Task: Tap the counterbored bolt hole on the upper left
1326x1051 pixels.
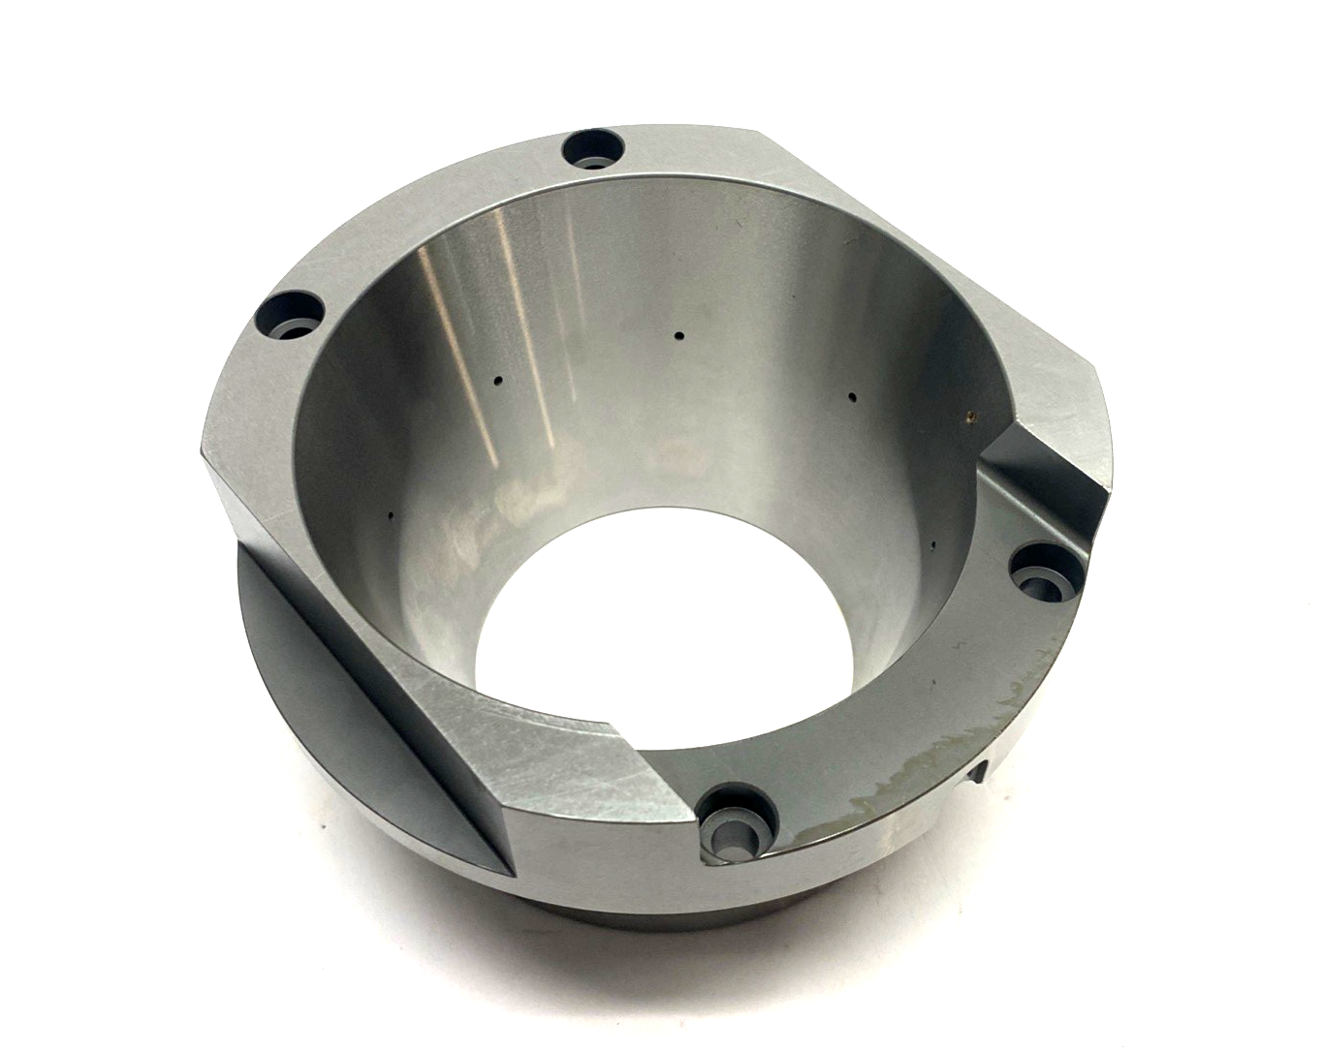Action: click(x=290, y=315)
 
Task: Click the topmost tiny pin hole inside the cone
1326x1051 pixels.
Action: click(x=679, y=336)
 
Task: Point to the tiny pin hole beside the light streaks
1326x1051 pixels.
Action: click(x=497, y=380)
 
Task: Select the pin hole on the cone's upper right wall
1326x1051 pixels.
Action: click(x=850, y=395)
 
